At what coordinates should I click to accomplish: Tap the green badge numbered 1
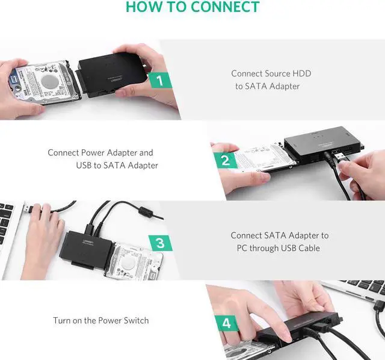(159, 80)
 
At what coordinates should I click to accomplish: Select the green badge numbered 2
(226, 161)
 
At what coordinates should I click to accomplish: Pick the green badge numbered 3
(159, 243)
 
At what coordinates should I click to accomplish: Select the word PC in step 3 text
(238, 248)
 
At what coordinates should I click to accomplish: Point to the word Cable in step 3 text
(308, 248)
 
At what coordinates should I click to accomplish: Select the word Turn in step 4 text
(63, 320)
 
